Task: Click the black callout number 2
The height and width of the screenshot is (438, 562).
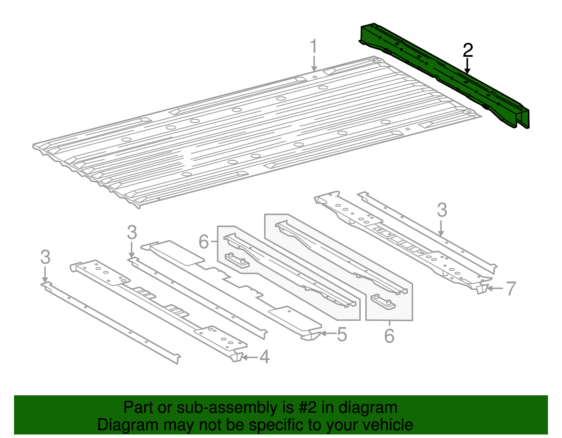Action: coord(468,51)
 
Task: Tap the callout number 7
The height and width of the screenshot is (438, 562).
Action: coord(510,289)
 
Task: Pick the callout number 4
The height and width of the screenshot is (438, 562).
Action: coord(264,357)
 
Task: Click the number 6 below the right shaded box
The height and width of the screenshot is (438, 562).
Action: coord(389,336)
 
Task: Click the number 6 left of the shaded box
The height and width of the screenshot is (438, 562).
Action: coord(204,242)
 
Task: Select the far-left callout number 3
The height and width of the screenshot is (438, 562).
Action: coord(45,257)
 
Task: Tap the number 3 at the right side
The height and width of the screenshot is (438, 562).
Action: coord(442,210)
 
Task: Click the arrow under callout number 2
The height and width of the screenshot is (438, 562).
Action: coord(467,66)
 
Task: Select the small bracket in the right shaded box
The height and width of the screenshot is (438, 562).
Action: coord(383,301)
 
